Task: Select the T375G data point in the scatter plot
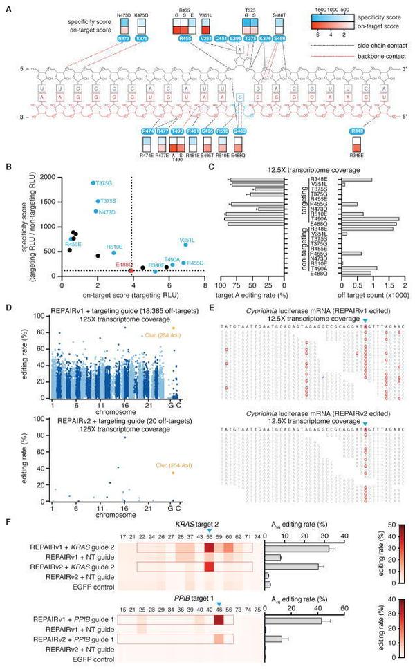click(x=93, y=183)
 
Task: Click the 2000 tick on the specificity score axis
click(x=50, y=178)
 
